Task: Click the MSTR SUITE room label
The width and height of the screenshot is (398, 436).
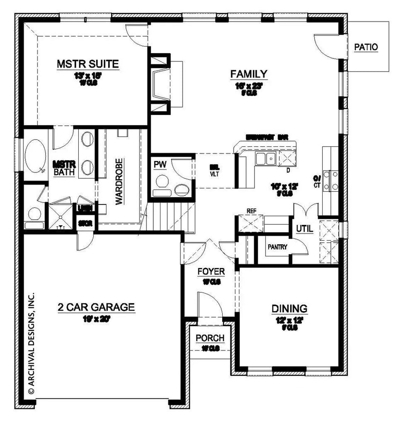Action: pyautogui.click(x=87, y=64)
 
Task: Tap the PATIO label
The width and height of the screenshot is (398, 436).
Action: pyautogui.click(x=366, y=47)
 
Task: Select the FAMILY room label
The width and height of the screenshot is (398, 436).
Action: pyautogui.click(x=249, y=74)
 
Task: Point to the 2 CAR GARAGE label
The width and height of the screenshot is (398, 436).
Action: pyautogui.click(x=96, y=307)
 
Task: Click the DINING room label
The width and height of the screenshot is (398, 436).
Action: pyautogui.click(x=289, y=308)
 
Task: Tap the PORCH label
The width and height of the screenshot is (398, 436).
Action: pyautogui.click(x=210, y=338)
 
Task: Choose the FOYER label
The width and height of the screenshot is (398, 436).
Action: pyautogui.click(x=211, y=271)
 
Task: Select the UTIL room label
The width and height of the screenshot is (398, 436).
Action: pyautogui.click(x=305, y=229)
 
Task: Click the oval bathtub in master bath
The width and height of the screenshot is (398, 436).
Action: pyautogui.click(x=35, y=157)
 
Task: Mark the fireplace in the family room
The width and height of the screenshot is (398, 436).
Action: pyautogui.click(x=162, y=83)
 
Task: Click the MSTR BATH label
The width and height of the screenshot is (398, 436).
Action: pyautogui.click(x=65, y=168)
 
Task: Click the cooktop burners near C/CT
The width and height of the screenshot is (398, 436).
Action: pyautogui.click(x=331, y=180)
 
